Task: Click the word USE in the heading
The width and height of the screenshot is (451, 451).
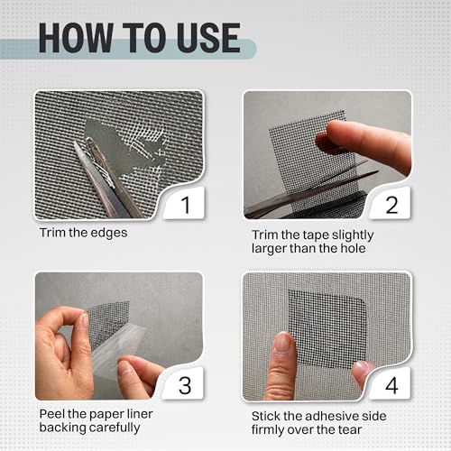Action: pyautogui.click(x=209, y=38)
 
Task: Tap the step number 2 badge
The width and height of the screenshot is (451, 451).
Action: pyautogui.click(x=391, y=205)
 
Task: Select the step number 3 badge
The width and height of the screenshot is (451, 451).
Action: pyautogui.click(x=185, y=385)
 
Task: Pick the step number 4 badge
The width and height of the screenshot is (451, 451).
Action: pyautogui.click(x=391, y=385)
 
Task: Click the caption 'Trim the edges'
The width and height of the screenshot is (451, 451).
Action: pyautogui.click(x=84, y=233)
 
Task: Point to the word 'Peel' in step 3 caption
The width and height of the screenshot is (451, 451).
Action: pyautogui.click(x=52, y=414)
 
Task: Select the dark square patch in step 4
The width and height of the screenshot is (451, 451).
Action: pyautogui.click(x=327, y=328)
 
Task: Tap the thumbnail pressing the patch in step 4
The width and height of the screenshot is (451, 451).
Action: pyautogui.click(x=282, y=342)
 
